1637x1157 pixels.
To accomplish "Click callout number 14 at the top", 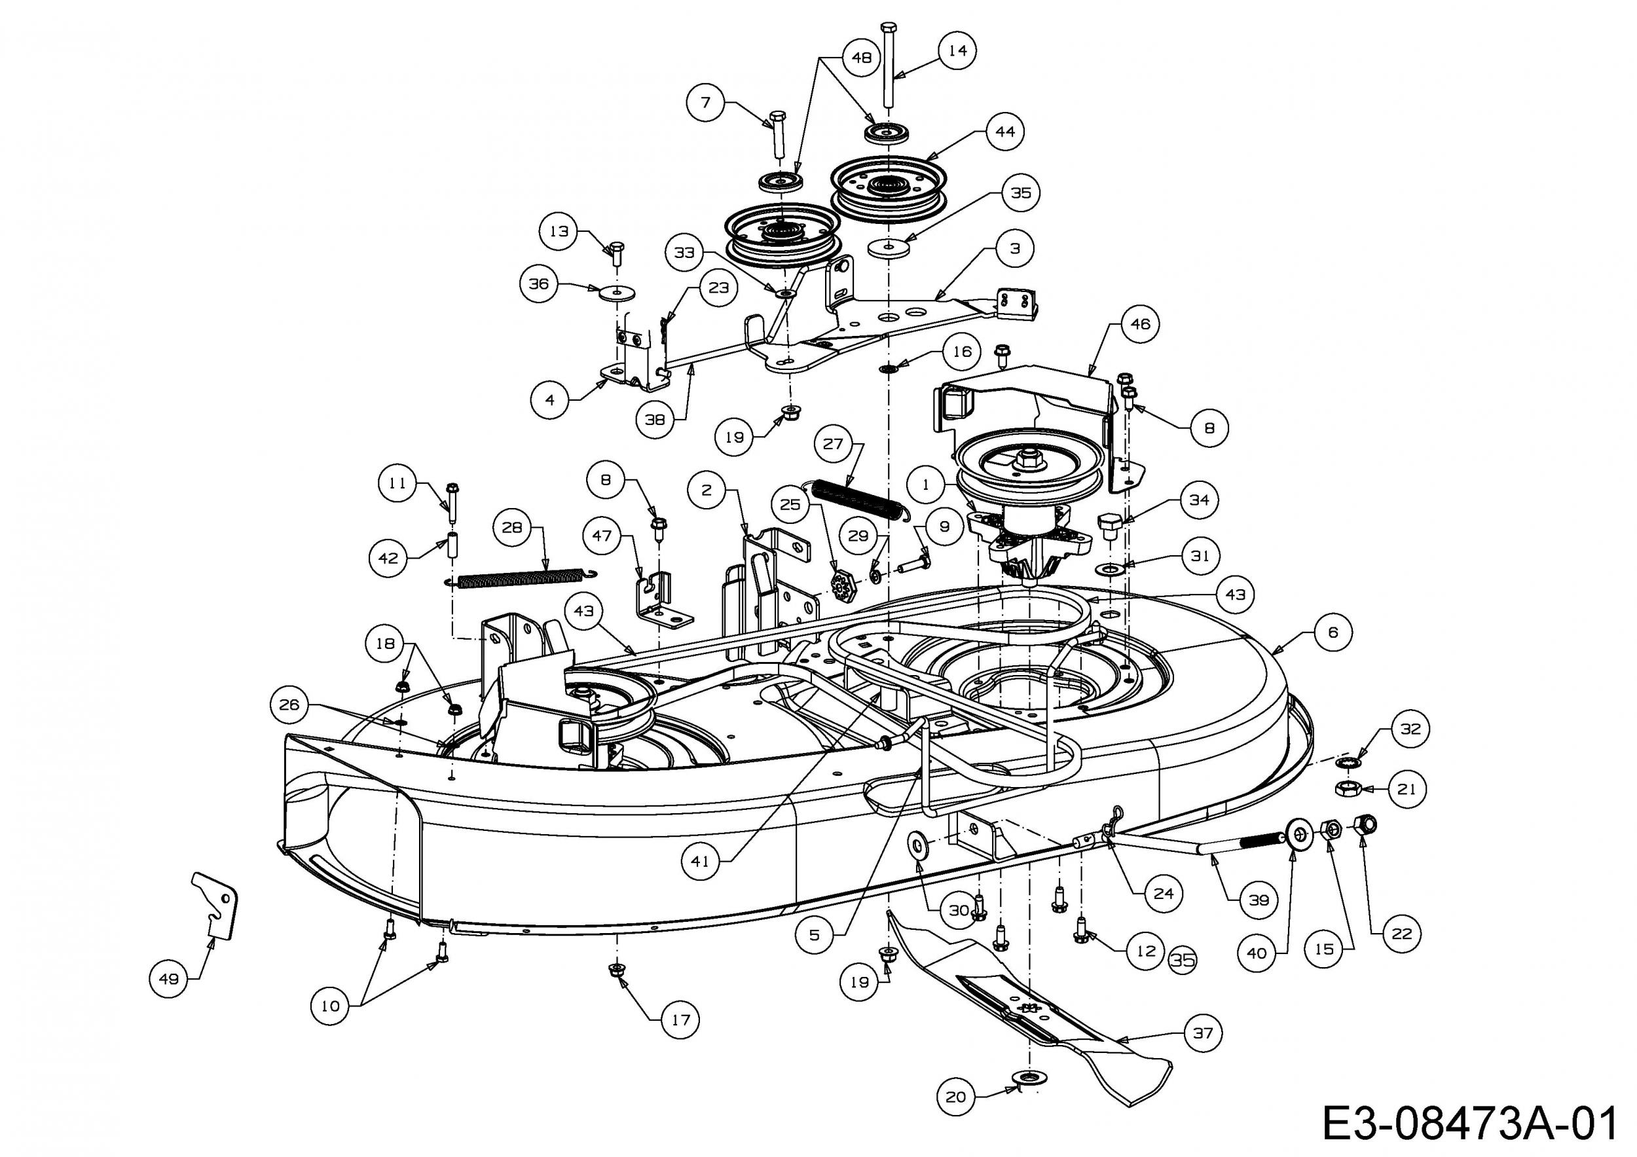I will coord(957,50).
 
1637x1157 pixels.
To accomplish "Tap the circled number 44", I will coord(1004,131).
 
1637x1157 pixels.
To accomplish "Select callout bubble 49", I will coord(169,979).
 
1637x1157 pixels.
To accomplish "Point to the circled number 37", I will coord(1203,1032).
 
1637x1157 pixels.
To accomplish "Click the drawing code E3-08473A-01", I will coord(1469,1125).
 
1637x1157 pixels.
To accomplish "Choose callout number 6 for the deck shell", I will coord(1333,633).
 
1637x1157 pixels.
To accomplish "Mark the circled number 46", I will coord(1140,323).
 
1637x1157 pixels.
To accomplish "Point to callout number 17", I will coord(680,1019).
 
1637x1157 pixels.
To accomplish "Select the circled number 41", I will coord(700,861).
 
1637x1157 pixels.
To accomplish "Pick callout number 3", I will coord(1014,249).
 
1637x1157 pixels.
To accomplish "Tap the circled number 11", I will coord(397,483).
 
